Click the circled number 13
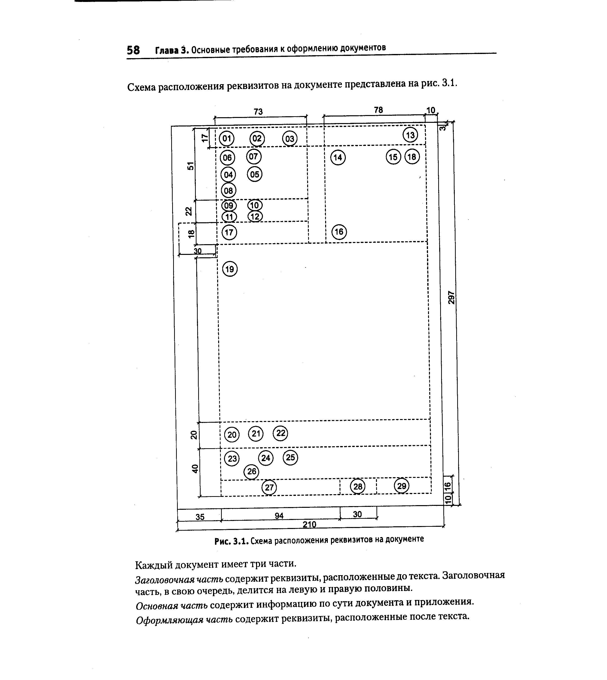pyautogui.click(x=410, y=135)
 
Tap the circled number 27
pyautogui.click(x=269, y=487)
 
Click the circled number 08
pyautogui.click(x=228, y=191)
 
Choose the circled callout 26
pyautogui.click(x=251, y=472)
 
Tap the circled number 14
pyautogui.click(x=338, y=157)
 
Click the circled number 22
pyautogui.click(x=280, y=433)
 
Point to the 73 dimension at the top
pyautogui.click(x=258, y=112)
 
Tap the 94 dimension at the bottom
pyautogui.click(x=279, y=516)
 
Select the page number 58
pyautogui.click(x=134, y=50)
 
